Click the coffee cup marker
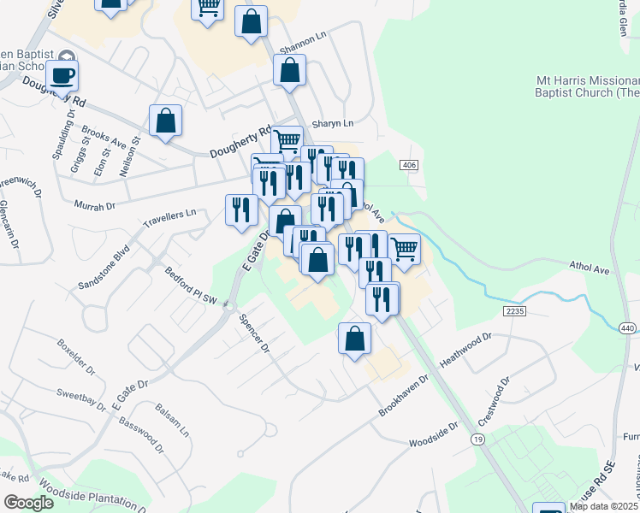pyautogui.click(x=62, y=76)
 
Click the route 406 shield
pyautogui.click(x=408, y=164)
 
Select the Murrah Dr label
pyautogui.click(x=94, y=206)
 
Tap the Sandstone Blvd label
pyautogui.click(x=103, y=266)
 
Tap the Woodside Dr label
pyautogui.click(x=434, y=434)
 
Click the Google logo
pyautogui.click(x=28, y=503)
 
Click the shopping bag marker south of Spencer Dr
pyautogui.click(x=354, y=339)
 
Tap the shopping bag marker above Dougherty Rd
pyautogui.click(x=165, y=121)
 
